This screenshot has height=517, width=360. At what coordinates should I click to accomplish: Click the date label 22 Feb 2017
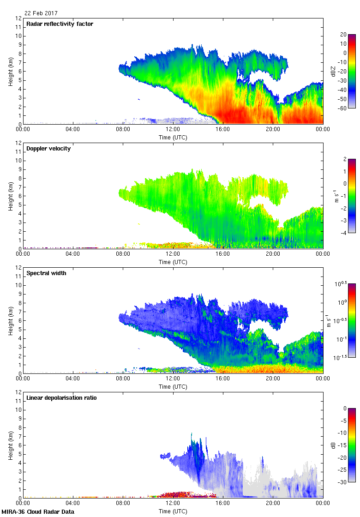41,13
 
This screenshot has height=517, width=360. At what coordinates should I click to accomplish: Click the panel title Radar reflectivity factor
60,24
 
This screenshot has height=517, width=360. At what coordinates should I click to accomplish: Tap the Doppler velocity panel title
48,149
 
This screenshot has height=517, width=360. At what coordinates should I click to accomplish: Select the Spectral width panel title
46,273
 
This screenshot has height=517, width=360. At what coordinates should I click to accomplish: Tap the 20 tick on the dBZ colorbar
343,35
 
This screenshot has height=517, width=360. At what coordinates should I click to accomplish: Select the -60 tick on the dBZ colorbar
343,108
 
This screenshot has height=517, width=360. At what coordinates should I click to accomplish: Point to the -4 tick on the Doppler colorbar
343,233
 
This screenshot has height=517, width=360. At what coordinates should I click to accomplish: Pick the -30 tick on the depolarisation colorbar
343,482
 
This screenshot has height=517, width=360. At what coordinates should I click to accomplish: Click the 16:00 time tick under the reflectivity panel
222,130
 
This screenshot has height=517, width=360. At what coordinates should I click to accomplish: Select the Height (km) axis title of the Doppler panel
10,196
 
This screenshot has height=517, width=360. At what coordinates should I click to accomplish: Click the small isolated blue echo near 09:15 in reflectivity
139,99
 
